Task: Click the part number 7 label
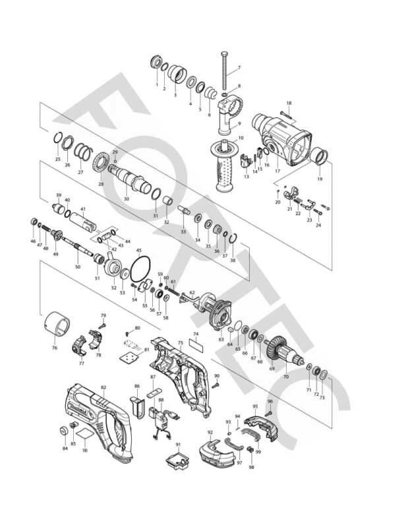point(239,69)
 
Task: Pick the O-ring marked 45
point(140,269)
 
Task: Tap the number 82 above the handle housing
point(103,387)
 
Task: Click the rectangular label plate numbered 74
point(196,343)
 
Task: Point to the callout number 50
point(78,267)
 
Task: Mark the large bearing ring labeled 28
point(101,162)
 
